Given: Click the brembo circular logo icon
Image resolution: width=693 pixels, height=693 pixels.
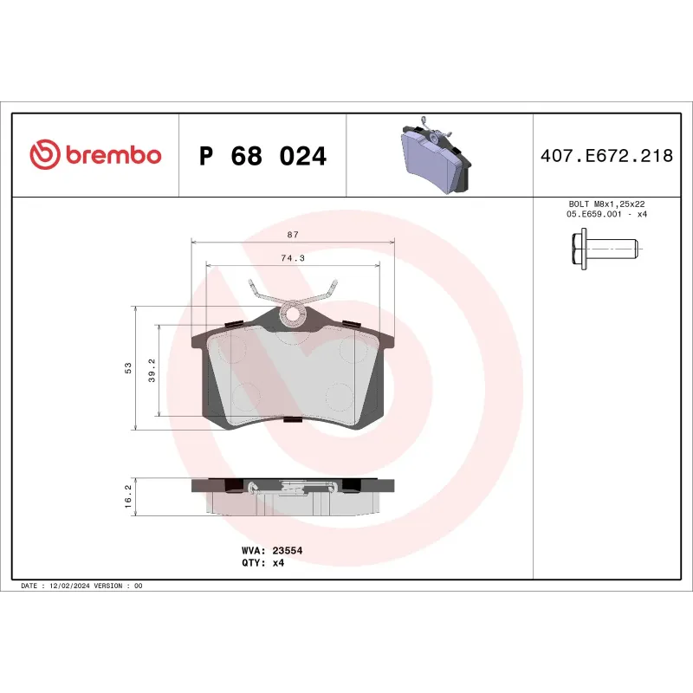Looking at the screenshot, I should pos(45,156).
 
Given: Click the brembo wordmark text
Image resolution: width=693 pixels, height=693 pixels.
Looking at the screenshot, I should pos(113,156).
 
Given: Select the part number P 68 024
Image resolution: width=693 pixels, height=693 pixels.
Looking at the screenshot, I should pos(262,157).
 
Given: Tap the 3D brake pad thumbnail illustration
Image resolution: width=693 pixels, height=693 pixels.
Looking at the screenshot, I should pos(438,157).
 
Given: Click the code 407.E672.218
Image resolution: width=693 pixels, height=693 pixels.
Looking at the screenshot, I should pos(606,157).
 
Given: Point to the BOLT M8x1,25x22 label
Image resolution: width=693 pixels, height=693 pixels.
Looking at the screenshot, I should pos(606,204).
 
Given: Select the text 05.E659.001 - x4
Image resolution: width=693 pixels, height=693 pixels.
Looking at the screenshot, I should pos(606,214).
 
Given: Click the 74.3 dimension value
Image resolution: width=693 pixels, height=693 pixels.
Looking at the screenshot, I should pos(293,258).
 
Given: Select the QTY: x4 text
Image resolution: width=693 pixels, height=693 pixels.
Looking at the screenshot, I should pos(262,562).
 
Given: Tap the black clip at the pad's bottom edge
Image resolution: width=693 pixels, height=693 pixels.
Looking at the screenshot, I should pos(293,420).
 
